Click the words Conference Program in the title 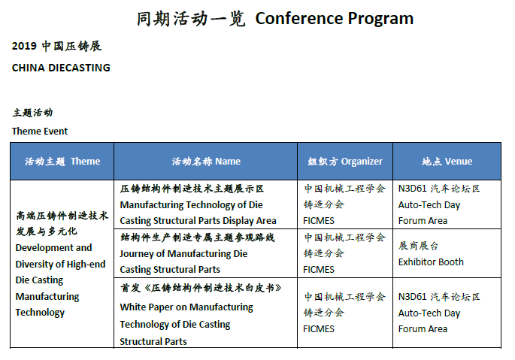335,19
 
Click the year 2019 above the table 24,46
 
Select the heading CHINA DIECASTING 61,68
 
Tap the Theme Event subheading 40,132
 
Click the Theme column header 86,162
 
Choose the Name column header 228,162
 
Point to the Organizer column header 362,162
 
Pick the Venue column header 459,162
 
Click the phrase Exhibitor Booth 431,262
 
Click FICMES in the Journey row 319,270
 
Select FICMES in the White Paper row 319,329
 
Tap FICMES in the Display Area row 319,221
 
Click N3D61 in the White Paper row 412,297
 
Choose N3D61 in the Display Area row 412,189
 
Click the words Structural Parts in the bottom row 153,342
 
